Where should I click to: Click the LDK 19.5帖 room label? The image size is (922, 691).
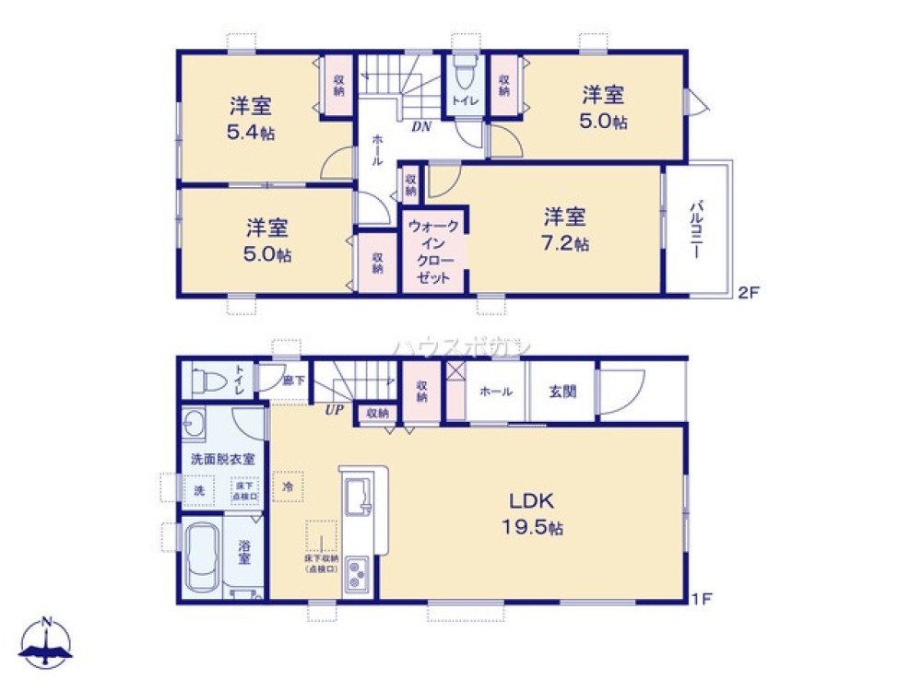(x=532, y=514)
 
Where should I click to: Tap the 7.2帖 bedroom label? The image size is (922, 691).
(x=565, y=229)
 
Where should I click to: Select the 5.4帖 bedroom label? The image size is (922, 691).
(x=250, y=118)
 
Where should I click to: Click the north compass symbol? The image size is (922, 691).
(x=45, y=642)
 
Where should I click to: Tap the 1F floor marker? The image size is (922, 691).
(x=702, y=600)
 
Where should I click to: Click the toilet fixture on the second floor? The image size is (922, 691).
(x=463, y=74)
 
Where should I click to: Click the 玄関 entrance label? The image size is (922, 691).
(x=562, y=392)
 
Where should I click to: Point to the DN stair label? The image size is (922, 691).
(x=421, y=126)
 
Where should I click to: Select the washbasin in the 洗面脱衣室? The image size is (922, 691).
(x=195, y=425)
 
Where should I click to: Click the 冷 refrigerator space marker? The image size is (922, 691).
(x=288, y=486)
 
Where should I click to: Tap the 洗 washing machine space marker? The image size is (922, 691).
(x=198, y=490)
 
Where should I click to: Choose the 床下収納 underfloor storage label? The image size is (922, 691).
(x=321, y=564)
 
